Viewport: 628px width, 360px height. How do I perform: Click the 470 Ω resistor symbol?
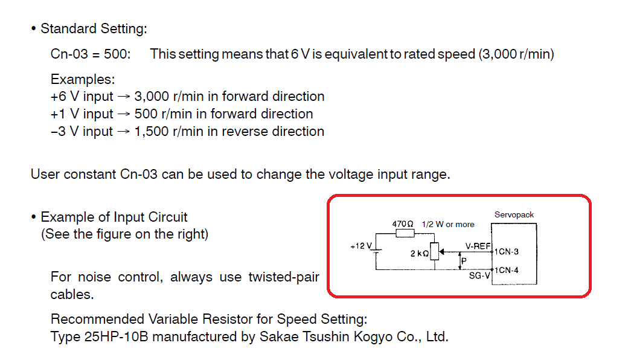[403, 233]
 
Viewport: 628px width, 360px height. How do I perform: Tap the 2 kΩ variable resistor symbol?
[434, 252]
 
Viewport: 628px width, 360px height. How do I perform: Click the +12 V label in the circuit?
[362, 246]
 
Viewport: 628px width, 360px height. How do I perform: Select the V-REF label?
[477, 246]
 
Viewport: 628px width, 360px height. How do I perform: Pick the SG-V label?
[479, 275]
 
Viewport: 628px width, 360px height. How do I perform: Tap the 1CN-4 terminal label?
[507, 270]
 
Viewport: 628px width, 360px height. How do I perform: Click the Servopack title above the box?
[514, 214]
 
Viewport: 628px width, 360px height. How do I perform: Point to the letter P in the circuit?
[463, 261]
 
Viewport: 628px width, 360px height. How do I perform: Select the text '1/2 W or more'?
[448, 224]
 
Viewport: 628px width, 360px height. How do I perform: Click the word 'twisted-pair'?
[283, 277]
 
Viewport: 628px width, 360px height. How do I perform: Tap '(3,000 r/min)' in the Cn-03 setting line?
[516, 54]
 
